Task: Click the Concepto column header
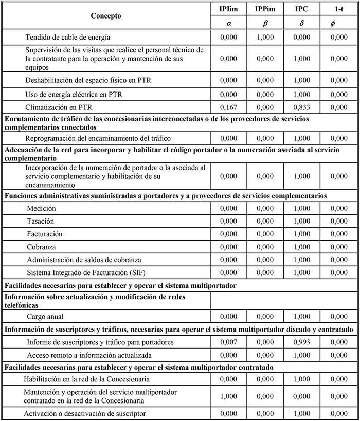[105, 16]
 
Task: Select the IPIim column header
[229, 9]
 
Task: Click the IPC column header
[302, 9]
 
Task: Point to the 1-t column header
[338, 9]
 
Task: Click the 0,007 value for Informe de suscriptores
[229, 342]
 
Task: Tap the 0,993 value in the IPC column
[302, 342]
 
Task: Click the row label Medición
[42, 208]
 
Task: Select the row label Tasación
[42, 221]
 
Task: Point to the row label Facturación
[45, 234]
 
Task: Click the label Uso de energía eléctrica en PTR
[75, 95]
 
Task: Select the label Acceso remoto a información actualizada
[82, 355]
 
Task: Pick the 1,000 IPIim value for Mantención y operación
[229, 397]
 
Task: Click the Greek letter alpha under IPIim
[229, 23]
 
